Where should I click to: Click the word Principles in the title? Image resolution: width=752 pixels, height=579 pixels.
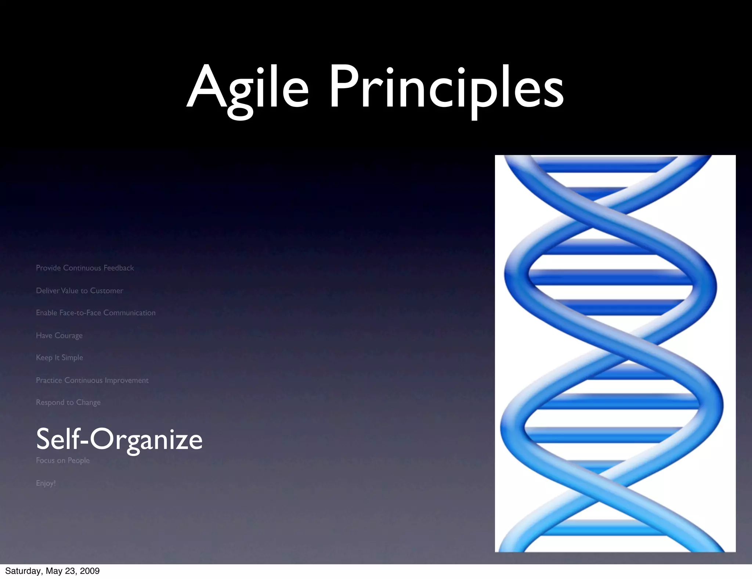pos(446,88)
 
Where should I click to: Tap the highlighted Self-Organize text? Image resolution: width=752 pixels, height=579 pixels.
pos(119,439)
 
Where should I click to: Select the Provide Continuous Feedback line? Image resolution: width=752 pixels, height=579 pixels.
pos(85,268)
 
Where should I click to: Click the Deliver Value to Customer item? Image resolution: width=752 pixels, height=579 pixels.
pos(80,291)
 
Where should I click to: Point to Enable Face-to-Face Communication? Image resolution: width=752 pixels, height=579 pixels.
pos(96,313)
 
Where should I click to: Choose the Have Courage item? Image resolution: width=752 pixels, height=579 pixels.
pos(59,335)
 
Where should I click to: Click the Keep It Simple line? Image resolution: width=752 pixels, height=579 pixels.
pos(59,357)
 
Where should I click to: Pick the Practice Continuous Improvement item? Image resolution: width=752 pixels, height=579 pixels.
pos(92,380)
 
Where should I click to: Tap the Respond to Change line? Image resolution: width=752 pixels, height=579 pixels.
pos(68,402)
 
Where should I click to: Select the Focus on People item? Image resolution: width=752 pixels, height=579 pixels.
pos(63,460)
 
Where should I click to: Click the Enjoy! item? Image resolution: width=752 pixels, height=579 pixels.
pos(46,483)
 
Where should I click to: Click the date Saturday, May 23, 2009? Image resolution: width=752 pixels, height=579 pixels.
pos(53,571)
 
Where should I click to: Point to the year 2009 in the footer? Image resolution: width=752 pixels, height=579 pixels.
pos(90,571)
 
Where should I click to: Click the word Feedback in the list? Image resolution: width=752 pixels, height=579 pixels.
pos(119,268)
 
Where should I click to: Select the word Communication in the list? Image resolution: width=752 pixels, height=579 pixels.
pos(129,313)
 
